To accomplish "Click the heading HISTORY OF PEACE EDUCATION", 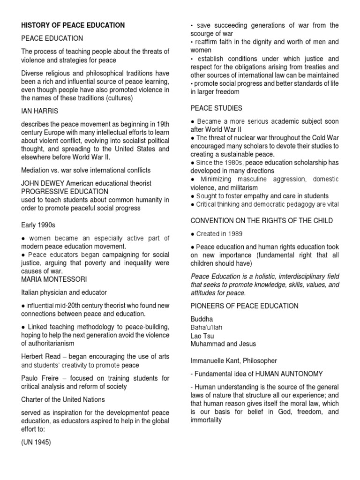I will [x=72, y=25].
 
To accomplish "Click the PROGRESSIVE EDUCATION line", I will [x=64, y=192].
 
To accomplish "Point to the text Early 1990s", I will [x=38, y=225].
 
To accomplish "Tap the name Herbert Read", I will [x=39, y=356].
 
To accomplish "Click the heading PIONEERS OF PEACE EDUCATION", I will [x=244, y=306].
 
